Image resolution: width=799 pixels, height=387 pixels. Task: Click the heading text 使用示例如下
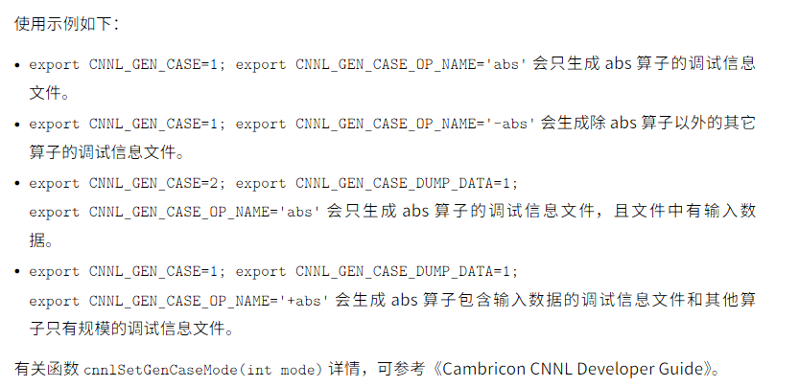63,23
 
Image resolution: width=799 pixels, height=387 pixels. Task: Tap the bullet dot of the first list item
18,65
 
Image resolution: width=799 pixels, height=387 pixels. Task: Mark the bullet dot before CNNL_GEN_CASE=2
18,183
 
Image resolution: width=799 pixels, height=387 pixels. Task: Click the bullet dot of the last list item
18,272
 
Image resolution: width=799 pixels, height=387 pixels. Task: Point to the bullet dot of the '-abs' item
18,124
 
